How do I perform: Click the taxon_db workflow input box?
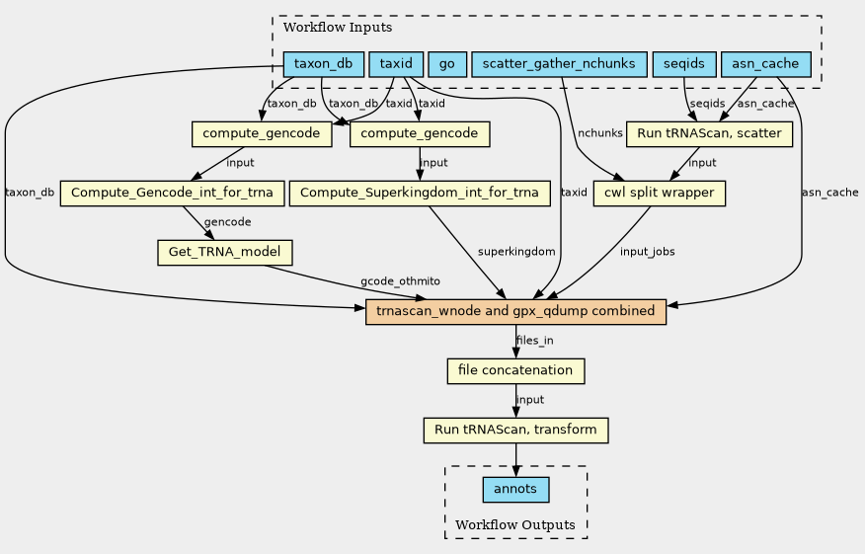(324, 64)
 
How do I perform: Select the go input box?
(447, 64)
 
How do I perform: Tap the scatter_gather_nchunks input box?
(559, 64)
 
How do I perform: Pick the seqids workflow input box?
(684, 64)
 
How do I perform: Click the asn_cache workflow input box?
(765, 64)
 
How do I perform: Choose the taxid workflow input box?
(396, 64)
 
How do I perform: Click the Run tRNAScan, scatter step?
(709, 134)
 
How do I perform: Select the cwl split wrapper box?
(660, 194)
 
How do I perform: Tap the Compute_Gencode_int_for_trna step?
(172, 194)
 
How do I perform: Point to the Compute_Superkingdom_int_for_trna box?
(420, 194)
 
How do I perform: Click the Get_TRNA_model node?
(224, 252)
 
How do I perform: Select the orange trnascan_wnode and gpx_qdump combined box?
(515, 312)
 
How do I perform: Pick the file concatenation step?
(515, 370)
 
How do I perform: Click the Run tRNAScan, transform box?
(515, 430)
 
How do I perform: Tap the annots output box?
(515, 490)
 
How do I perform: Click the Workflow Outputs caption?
(515, 524)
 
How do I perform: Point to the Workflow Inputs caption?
(338, 27)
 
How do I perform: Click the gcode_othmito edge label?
(401, 281)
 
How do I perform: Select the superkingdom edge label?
(516, 252)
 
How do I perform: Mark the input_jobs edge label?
(647, 252)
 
